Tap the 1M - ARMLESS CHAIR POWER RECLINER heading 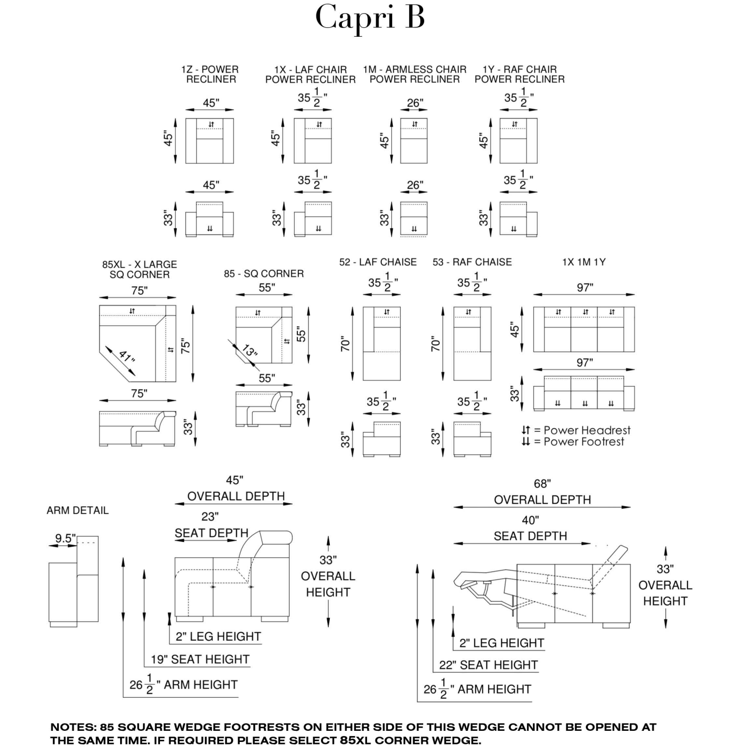pos(414,75)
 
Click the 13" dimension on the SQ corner pos(250,351)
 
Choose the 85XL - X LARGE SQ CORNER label pos(139,269)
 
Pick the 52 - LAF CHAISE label pos(378,262)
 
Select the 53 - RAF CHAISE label pos(472,262)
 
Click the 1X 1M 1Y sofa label pos(584,262)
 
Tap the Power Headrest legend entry pos(576,430)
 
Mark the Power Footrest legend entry pos(573,442)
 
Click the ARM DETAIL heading pos(78,510)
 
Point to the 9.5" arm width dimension pos(66,538)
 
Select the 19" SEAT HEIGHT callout pos(200,659)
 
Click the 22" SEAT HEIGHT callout pos(488,665)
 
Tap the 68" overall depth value pos(542,484)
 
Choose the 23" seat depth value pos(210,517)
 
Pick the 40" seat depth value pos(530,520)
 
